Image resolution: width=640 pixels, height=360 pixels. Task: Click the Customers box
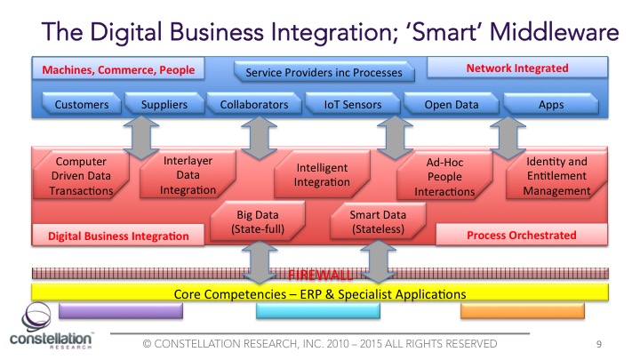[82, 105]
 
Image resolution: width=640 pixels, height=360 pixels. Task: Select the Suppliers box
[164, 105]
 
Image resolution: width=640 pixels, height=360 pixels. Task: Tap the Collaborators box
[254, 105]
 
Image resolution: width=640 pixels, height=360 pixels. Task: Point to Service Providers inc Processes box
[324, 72]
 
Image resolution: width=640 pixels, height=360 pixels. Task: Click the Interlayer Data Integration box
[188, 175]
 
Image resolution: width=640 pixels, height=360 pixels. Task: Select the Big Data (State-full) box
[258, 220]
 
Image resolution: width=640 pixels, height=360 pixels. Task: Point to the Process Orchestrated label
[521, 236]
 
